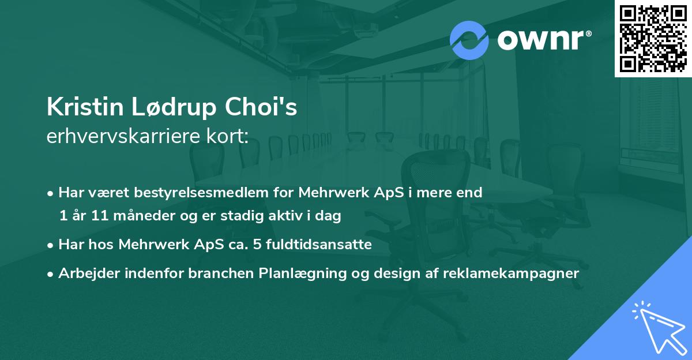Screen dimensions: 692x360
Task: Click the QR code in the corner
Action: (x=653, y=39)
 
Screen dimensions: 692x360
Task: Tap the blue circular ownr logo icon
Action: (x=469, y=40)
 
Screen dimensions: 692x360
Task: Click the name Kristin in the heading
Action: (x=85, y=107)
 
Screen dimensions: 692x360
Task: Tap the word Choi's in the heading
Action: (x=261, y=107)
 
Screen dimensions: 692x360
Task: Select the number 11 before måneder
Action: (x=100, y=215)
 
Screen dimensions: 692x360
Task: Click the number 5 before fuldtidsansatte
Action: (x=257, y=245)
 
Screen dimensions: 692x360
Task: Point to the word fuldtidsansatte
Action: (x=319, y=244)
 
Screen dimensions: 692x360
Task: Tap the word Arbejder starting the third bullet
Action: (x=89, y=273)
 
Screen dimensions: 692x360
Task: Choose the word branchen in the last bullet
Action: (x=221, y=273)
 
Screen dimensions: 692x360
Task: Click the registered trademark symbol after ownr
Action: (x=588, y=33)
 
